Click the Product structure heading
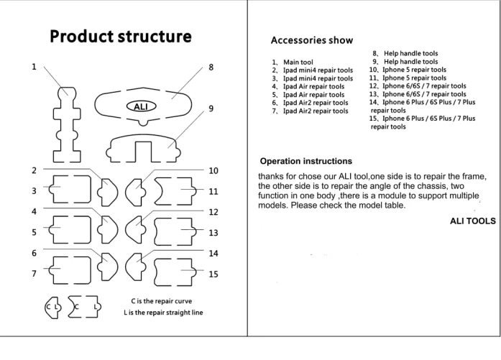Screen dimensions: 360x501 pos(120,37)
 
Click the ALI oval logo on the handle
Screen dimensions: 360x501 pos(141,106)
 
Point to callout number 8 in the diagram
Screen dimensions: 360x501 pos(211,68)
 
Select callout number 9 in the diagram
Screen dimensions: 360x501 pos(211,109)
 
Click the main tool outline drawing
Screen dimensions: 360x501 pos(66,122)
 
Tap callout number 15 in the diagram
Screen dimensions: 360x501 pos(213,274)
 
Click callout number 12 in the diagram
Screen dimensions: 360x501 pos(213,212)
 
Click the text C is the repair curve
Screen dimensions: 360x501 pos(161,300)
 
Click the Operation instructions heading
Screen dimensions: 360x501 pos(305,161)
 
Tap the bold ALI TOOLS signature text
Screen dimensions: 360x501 pos(472,221)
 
